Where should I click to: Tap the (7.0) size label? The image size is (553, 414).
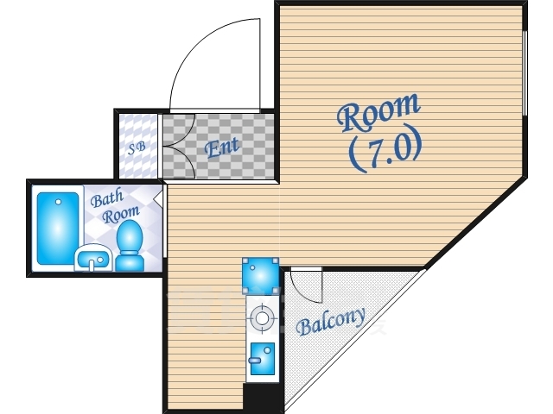[385, 147]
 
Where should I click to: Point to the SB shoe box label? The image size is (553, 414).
[137, 147]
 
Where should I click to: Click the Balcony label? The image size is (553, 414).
[330, 322]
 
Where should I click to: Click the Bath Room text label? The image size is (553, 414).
[115, 205]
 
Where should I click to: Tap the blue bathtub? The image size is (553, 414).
[58, 228]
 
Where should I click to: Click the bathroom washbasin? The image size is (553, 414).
[93, 258]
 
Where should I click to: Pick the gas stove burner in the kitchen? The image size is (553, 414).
[262, 318]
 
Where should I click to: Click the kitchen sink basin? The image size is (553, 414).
[263, 359]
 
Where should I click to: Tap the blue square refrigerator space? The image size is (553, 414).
[261, 276]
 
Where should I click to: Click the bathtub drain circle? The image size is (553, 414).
[58, 202]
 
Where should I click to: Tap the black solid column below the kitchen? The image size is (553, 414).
[264, 398]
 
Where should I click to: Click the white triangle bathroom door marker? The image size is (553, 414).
[159, 198]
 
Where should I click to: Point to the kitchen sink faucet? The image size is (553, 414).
[254, 361]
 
